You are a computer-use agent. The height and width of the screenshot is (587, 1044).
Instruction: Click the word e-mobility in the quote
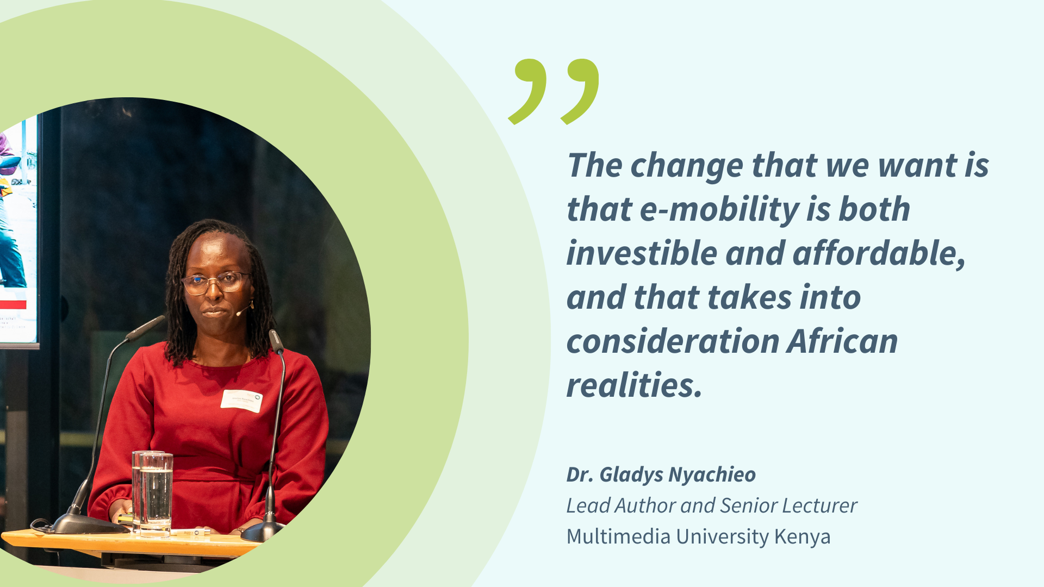(718, 210)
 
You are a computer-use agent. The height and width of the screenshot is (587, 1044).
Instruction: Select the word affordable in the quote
(879, 253)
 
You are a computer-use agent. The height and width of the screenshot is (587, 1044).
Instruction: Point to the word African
(842, 341)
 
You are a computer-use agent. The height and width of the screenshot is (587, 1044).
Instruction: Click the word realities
(635, 385)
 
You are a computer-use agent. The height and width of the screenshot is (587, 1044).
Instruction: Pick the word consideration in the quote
(673, 341)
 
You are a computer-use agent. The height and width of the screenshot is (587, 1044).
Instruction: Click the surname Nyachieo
(712, 475)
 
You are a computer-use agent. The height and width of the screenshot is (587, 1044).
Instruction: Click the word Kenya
(802, 537)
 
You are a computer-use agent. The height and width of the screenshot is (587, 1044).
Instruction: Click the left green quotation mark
(527, 91)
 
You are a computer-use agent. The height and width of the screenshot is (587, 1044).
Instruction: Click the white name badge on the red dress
(241, 401)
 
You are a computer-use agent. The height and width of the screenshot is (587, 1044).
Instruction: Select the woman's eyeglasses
(215, 282)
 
